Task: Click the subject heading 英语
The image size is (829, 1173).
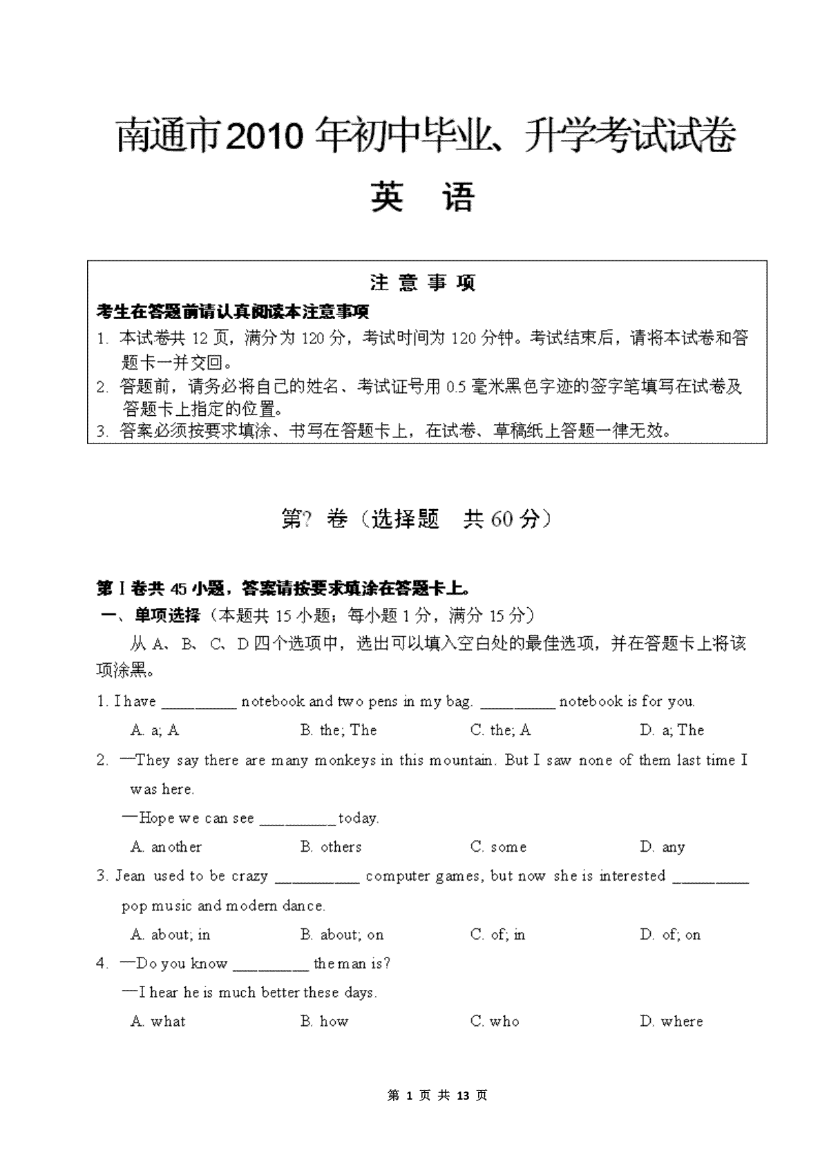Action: click(x=423, y=197)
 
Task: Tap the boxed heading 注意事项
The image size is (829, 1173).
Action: click(x=423, y=283)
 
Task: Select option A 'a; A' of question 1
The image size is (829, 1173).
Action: click(x=155, y=730)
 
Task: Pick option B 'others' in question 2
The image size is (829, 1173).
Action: click(x=331, y=847)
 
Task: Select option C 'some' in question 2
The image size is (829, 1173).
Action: click(x=499, y=847)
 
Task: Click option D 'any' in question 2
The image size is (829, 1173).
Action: click(x=663, y=847)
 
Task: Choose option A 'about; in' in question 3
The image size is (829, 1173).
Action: click(x=170, y=935)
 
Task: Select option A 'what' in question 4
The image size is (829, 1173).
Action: click(x=158, y=1022)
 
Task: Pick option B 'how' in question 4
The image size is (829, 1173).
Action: click(x=325, y=1022)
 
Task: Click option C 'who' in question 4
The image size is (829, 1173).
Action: click(x=495, y=1022)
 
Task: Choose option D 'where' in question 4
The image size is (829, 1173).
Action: click(x=671, y=1022)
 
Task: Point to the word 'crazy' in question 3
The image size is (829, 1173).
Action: click(x=249, y=877)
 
